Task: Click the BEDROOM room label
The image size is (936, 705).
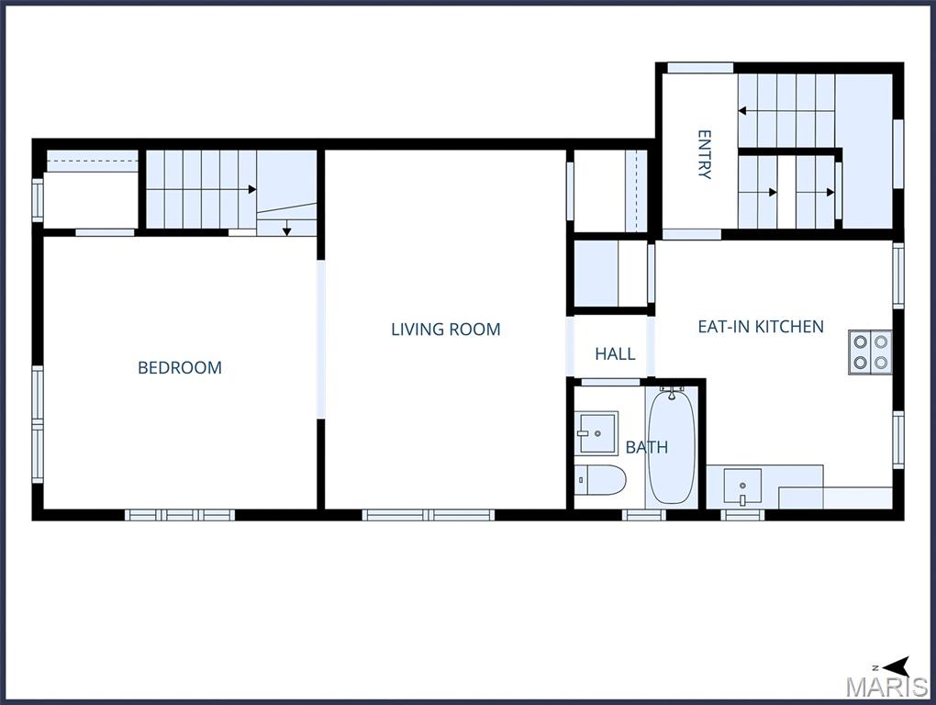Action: (180, 368)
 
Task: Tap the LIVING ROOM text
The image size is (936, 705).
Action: (446, 330)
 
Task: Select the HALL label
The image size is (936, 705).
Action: (615, 353)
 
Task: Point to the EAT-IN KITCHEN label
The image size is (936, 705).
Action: (761, 327)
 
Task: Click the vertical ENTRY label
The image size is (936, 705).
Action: (704, 154)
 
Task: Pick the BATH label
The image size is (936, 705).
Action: (646, 448)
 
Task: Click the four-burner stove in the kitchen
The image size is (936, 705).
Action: (870, 351)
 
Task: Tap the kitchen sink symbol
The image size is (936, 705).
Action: (741, 485)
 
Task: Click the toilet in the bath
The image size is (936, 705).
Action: (600, 479)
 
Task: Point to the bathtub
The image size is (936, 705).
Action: (672, 444)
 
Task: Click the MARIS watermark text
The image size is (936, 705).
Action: (886, 687)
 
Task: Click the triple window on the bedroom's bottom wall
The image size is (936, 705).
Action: (180, 515)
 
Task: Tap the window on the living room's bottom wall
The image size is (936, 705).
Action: (429, 515)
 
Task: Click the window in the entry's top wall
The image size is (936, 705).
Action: (699, 68)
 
